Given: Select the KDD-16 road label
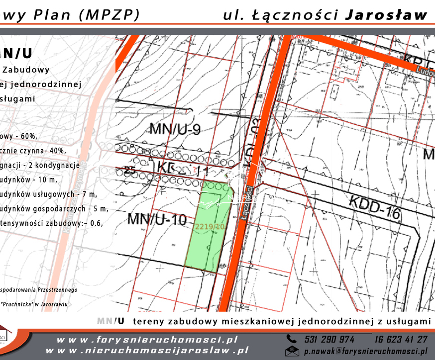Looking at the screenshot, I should tap(374, 207).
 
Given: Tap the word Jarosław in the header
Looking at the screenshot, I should tap(386, 15).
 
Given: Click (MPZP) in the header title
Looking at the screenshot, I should tap(109, 15).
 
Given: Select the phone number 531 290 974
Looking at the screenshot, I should tap(329, 339).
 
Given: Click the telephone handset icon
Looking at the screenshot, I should tap(292, 339).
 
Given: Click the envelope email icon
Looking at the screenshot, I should tap(292, 351).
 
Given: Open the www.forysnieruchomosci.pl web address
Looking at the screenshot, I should tap(147, 340).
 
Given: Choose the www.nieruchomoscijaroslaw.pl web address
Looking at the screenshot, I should tap(147, 350).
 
